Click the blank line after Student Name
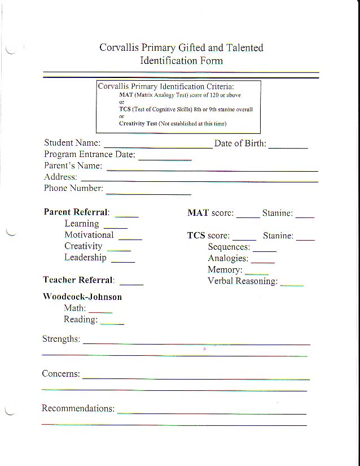158,146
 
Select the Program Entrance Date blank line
165,158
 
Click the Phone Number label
73,189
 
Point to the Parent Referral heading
76,212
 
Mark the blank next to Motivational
130,238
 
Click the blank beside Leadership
123,261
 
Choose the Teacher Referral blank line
131,283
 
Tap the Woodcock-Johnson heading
82,297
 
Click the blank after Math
100,311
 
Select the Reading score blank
112,323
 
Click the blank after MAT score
248,216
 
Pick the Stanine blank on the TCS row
305,239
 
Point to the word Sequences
229,247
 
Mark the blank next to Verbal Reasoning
292,284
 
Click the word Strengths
61,339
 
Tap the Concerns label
61,374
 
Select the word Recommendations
78,408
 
